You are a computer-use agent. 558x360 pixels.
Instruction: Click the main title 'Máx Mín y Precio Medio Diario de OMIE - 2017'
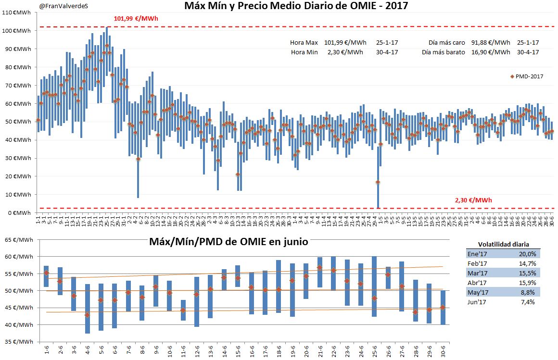tap(296, 6)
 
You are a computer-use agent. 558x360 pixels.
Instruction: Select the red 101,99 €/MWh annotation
tap(136, 19)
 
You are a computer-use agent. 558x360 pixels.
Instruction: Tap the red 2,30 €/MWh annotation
tap(473, 200)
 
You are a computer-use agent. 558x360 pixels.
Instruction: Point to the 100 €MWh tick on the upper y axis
tap(16, 31)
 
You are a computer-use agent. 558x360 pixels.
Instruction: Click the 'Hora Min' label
tap(304, 52)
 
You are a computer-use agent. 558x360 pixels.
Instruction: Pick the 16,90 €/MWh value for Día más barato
tap(491, 52)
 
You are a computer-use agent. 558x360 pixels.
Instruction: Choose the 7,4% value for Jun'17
tap(527, 302)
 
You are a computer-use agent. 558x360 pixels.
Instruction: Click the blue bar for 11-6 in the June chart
tap(183, 310)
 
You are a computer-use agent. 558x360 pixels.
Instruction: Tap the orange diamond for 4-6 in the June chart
tap(87, 315)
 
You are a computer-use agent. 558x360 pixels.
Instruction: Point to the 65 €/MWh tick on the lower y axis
tap(19, 240)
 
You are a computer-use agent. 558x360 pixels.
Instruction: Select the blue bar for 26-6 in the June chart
tap(388, 278)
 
